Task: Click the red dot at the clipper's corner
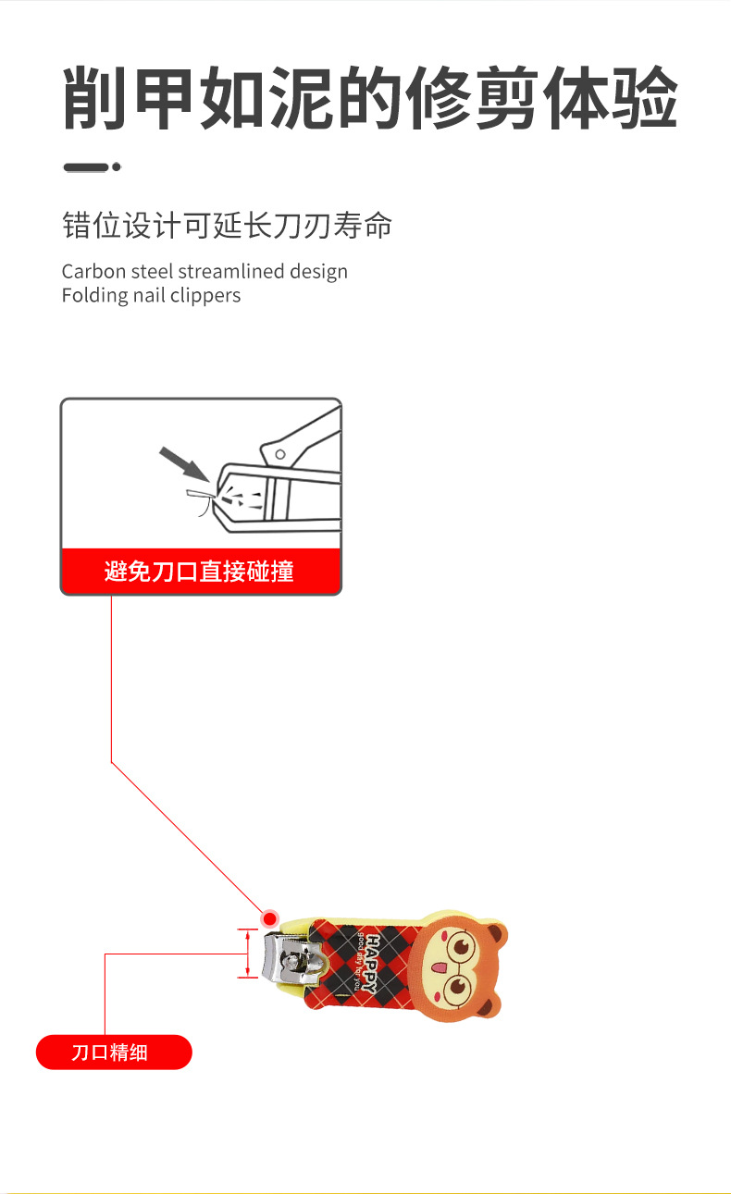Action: tap(269, 918)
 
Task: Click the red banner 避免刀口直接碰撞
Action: tap(200, 572)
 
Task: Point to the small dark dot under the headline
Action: tap(117, 167)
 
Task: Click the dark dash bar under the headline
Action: tap(85, 167)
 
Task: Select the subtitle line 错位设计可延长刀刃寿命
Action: tap(227, 226)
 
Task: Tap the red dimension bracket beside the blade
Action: tap(248, 954)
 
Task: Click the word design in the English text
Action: tap(318, 272)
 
